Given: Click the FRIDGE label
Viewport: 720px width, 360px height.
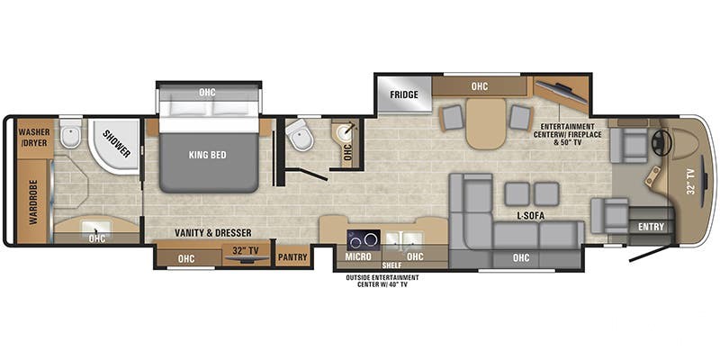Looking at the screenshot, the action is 404,95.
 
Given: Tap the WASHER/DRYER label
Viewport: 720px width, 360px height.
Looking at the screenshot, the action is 33,138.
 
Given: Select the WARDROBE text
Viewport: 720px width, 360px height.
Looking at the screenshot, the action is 33,202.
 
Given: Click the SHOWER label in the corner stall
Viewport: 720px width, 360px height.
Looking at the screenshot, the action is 116,144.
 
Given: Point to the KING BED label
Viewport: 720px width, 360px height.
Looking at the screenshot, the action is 208,155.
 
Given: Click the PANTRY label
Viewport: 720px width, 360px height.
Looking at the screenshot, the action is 292,257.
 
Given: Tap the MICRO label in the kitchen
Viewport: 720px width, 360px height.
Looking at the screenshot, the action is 358,257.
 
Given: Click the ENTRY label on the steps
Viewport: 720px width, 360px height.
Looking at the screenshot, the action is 651,227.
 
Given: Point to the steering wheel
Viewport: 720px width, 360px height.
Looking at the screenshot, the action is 662,144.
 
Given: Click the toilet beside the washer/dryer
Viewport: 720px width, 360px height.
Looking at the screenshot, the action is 71,133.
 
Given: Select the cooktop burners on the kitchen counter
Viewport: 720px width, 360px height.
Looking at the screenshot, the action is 364,239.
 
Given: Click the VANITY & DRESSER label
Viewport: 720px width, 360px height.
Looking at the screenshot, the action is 213,233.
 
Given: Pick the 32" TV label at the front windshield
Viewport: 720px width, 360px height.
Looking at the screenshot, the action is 692,183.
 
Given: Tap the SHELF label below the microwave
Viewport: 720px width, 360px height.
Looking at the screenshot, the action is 391,265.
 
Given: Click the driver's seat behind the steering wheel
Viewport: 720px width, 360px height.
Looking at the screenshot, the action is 628,145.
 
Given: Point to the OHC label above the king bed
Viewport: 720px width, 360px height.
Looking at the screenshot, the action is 207,93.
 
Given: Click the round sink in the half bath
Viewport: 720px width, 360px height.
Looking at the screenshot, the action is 344,133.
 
